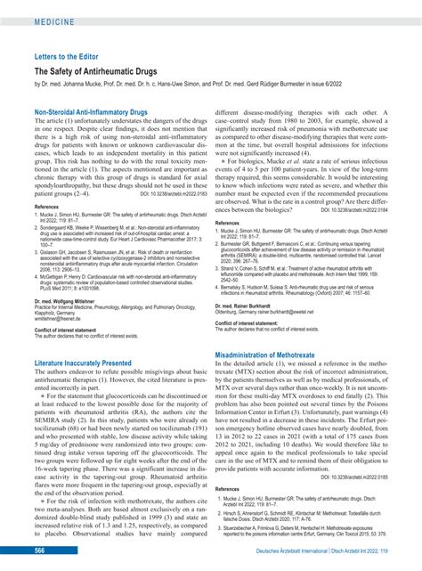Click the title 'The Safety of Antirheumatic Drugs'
[x=105, y=70]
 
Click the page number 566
[x=40, y=551]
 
